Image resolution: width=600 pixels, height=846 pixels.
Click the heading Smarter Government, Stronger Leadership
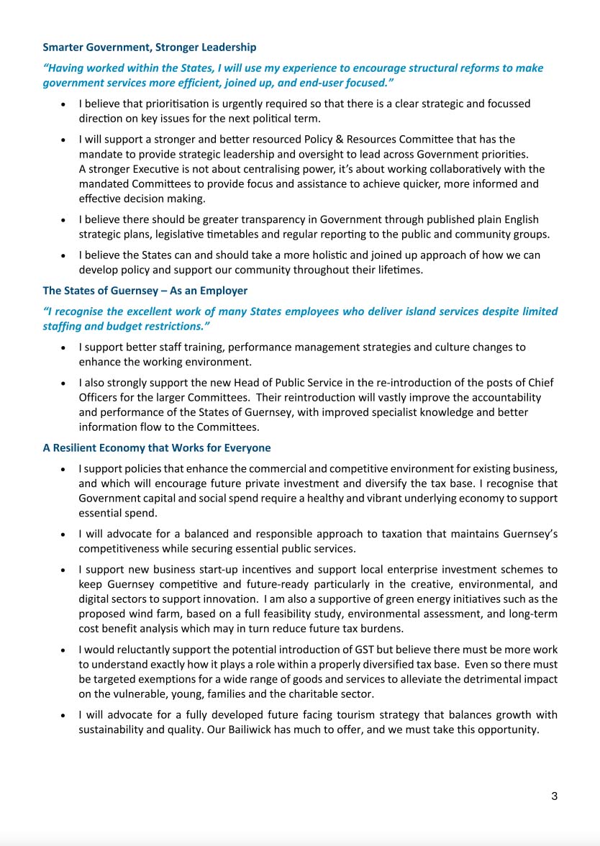[149, 47]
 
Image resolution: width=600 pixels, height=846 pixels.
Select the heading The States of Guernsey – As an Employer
[145, 291]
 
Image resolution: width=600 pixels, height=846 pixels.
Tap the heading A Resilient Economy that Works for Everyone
[157, 447]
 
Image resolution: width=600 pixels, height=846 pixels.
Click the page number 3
[554, 796]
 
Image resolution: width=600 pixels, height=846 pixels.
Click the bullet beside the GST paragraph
[64, 650]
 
